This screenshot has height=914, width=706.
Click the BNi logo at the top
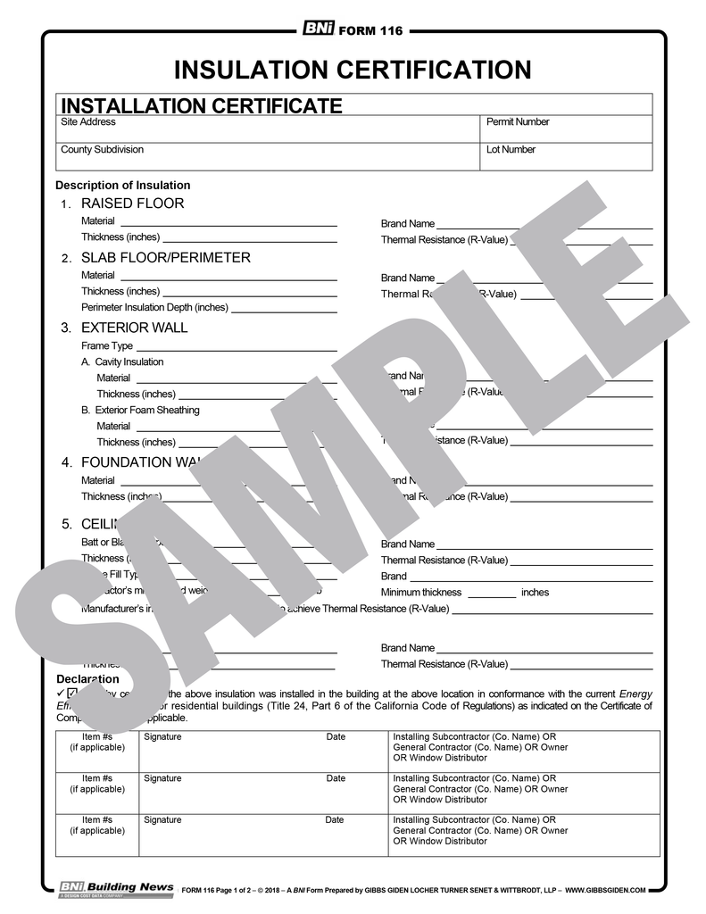point(318,29)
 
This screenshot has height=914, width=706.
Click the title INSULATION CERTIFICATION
point(353,70)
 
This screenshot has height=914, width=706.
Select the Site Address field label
point(87,122)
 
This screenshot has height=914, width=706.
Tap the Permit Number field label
point(518,122)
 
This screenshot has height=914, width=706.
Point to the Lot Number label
point(511,150)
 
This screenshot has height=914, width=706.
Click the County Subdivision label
point(102,150)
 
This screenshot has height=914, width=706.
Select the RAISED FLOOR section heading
point(132,204)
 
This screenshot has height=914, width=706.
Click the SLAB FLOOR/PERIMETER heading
point(165,258)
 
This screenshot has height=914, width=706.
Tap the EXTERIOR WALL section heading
point(134,328)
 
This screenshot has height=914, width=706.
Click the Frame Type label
point(107,346)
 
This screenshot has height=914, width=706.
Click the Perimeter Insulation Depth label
point(154,308)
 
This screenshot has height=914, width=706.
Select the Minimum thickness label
point(421,593)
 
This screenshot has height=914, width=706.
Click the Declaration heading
point(87,679)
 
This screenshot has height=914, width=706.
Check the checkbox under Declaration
point(72,693)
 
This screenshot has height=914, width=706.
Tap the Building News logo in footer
point(116,887)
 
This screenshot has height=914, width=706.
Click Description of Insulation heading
point(122,186)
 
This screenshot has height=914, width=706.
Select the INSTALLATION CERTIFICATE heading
point(201,106)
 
